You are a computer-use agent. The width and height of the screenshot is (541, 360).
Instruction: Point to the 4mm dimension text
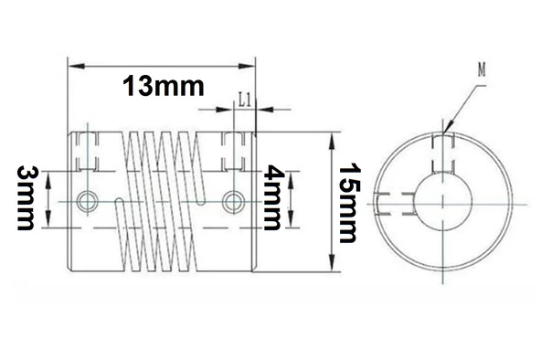[271, 199]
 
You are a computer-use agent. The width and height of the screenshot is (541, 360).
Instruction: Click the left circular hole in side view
[89, 200]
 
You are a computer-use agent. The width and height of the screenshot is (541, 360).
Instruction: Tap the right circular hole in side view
[233, 200]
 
